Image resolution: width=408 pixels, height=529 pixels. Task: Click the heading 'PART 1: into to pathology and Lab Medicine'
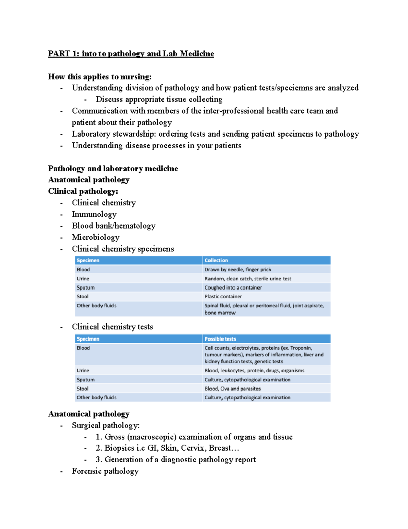click(131, 54)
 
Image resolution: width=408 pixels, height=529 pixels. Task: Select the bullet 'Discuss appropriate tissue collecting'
click(159, 99)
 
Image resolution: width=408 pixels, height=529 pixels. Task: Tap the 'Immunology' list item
click(94, 214)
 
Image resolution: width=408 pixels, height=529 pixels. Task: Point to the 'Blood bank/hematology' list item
click(114, 226)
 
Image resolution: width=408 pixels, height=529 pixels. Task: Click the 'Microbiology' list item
click(96, 237)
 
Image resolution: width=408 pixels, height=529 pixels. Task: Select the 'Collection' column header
click(216, 261)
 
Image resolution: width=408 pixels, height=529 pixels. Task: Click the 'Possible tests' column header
click(220, 339)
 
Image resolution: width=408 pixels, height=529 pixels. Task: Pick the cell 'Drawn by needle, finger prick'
click(238, 270)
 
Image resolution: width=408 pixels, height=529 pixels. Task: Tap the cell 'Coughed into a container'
click(233, 288)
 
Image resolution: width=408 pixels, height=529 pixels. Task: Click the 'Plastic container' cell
click(223, 297)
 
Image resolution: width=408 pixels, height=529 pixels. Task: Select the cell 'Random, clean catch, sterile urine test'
click(248, 279)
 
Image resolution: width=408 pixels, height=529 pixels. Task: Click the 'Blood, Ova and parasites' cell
click(233, 389)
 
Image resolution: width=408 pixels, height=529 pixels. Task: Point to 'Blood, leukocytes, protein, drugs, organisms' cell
click(254, 371)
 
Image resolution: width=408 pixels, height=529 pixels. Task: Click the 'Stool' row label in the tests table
click(83, 389)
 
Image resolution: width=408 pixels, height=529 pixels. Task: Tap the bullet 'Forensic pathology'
click(105, 471)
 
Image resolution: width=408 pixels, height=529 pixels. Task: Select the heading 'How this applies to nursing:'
click(100, 77)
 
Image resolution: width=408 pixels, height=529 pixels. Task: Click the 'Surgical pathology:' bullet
click(106, 425)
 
